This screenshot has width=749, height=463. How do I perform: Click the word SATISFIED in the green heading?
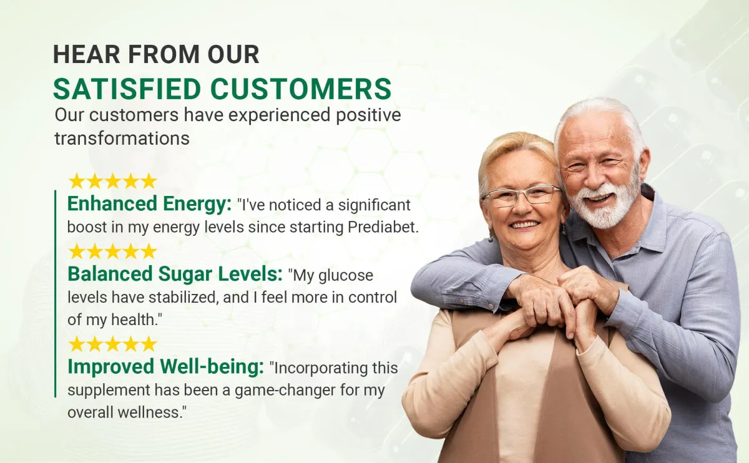[x=127, y=89]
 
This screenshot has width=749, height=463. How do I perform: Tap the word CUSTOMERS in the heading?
[x=301, y=89]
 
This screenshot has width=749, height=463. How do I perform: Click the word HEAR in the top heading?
[x=87, y=54]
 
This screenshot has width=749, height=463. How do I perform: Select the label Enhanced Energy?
[x=149, y=203]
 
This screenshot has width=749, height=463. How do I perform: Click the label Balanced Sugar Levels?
[x=175, y=274]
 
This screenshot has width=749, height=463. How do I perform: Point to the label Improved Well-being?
[x=166, y=366]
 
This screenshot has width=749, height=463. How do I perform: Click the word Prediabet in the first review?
[x=383, y=227]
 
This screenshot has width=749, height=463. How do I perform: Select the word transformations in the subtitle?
[x=122, y=139]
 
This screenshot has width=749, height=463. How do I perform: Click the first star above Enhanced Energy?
[x=77, y=181]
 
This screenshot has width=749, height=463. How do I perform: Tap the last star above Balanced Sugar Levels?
[x=149, y=251]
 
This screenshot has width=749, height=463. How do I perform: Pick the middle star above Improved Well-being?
[x=113, y=344]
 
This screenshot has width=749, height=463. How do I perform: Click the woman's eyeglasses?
[x=522, y=196]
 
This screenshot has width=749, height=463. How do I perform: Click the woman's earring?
[x=491, y=238]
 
